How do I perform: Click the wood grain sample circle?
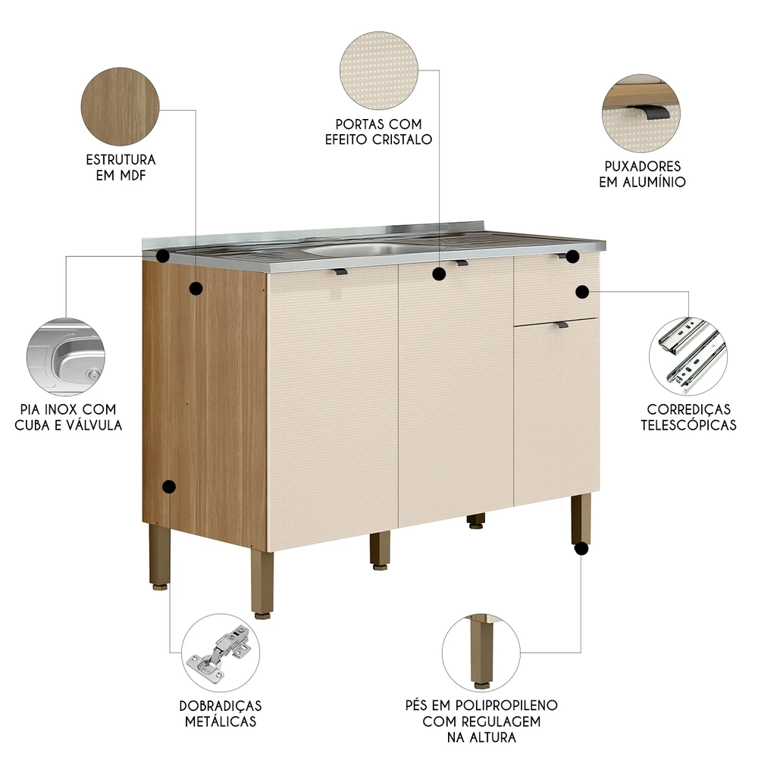coord(120,106)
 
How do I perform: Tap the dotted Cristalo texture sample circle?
coord(378,70)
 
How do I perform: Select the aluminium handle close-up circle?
coord(641,113)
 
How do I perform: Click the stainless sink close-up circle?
coord(66,357)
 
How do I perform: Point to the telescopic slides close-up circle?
coord(688,356)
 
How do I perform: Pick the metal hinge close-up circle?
coord(221,653)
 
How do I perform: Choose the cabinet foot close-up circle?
coord(481,653)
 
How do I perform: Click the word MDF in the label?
coord(133,176)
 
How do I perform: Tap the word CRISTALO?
coord(402,139)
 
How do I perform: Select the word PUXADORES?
coord(643,166)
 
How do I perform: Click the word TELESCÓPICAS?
coord(688,425)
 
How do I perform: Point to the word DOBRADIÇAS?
coord(221,706)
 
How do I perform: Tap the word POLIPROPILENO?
coord(505,705)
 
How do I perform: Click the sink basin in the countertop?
coord(356,249)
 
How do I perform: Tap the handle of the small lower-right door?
coord(561,324)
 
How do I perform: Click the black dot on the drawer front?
coord(582,292)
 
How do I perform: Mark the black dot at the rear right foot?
coord(581,549)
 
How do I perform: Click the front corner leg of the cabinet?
coord(262,584)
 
